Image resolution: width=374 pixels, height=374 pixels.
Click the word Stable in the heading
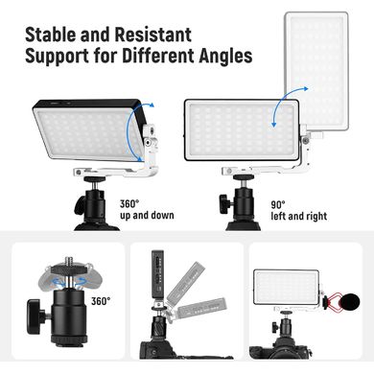(x=51, y=35)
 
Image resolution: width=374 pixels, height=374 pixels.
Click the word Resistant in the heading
(x=153, y=35)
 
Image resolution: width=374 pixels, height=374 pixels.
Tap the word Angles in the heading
(x=225, y=57)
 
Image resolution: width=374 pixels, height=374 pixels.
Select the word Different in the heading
(x=158, y=56)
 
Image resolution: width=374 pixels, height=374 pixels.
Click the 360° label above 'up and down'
(x=129, y=203)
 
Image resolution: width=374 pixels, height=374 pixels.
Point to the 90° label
(x=278, y=204)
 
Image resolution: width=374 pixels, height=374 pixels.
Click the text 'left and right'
(x=299, y=217)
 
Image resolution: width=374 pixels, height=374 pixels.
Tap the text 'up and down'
(x=147, y=216)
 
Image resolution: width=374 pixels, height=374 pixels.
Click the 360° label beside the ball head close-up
(x=101, y=301)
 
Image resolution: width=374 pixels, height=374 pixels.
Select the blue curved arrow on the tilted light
(x=129, y=131)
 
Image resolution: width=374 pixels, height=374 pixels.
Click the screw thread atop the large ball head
(x=69, y=261)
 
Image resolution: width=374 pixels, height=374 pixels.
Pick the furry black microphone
(x=349, y=302)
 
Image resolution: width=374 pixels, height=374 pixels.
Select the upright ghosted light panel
(x=316, y=71)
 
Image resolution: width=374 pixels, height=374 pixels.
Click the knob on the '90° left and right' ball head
(x=225, y=202)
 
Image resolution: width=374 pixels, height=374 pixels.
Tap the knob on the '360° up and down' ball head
(x=80, y=205)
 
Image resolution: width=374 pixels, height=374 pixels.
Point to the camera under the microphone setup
(x=281, y=347)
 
